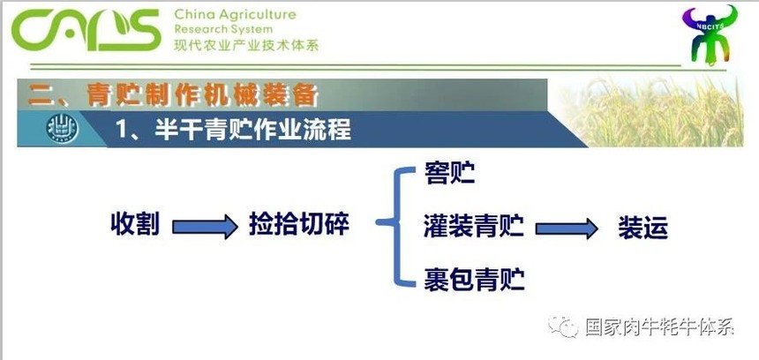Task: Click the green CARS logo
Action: tap(86, 30)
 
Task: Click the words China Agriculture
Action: tap(235, 14)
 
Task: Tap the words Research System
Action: tap(223, 29)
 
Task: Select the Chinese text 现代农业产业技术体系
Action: tap(246, 45)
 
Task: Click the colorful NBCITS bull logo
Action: tap(710, 34)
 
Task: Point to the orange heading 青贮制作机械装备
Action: tap(202, 94)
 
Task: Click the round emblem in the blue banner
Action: tap(63, 129)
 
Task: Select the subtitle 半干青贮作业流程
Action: tap(252, 129)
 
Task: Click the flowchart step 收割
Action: tap(135, 224)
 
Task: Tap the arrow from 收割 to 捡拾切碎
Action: tap(206, 227)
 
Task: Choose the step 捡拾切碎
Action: tap(299, 224)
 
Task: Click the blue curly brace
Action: tap(396, 227)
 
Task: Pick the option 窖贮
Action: tap(449, 173)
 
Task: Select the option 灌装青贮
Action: tap(474, 226)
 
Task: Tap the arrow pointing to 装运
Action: tap(567, 228)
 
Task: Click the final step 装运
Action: tap(643, 228)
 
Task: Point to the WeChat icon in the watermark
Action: tap(563, 326)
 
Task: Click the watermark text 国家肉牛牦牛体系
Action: tap(660, 327)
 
